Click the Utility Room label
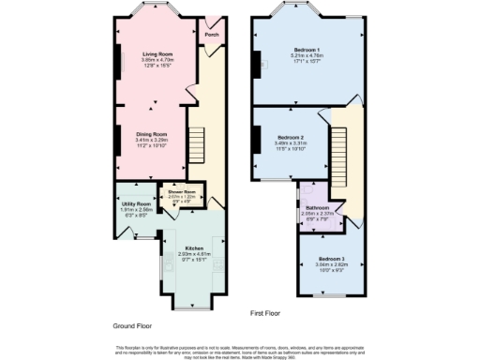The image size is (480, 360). click(136, 203)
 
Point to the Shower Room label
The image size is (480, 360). click(180, 191)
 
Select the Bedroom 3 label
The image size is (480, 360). click(331, 258)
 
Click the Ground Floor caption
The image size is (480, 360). click(133, 326)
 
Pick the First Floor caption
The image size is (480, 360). click(266, 314)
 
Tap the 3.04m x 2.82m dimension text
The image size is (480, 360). click(331, 263)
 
